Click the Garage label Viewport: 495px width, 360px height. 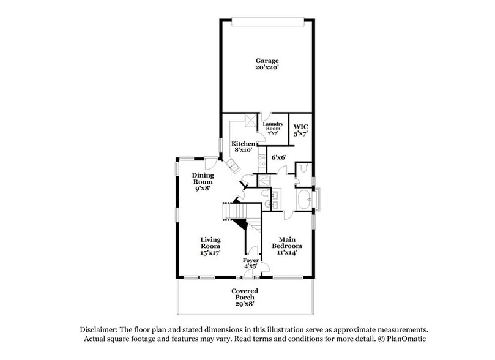click(x=267, y=64)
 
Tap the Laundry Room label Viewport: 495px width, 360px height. click(x=272, y=127)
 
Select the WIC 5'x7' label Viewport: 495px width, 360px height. click(x=300, y=130)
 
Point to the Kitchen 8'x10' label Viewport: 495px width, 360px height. click(x=243, y=147)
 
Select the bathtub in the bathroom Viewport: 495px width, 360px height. click(x=303, y=200)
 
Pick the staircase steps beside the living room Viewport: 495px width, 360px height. click(x=233, y=211)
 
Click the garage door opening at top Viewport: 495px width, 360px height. click(x=267, y=23)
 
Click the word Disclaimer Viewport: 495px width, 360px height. click(x=101, y=329)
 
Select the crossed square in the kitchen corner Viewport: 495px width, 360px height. click(x=249, y=120)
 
